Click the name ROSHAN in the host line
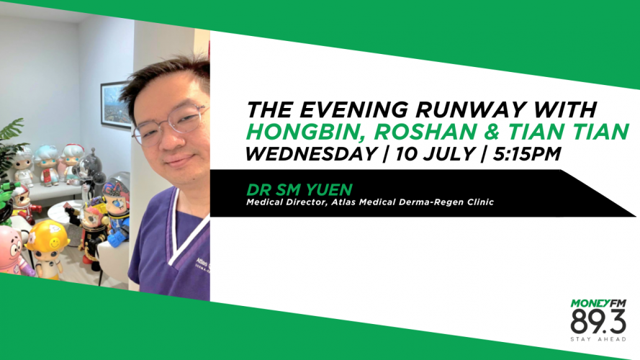pos(425,132)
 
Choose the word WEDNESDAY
pos(310,154)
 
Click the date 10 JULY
pos(435,154)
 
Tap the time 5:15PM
pos(526,154)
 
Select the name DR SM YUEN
pos(299,190)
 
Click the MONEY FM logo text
pos(598,303)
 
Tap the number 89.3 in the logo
pos(598,322)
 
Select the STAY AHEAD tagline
pos(598,339)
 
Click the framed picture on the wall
pos(116,105)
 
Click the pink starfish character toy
pos(12,250)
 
